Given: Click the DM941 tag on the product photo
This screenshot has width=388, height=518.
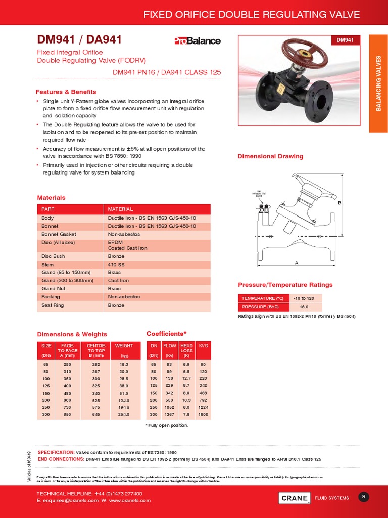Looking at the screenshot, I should point(345,40).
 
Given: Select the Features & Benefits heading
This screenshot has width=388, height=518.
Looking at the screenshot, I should point(66,92).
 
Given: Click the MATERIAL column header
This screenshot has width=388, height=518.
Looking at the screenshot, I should point(120,209).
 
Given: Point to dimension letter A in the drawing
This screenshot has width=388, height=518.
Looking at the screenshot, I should point(297,263).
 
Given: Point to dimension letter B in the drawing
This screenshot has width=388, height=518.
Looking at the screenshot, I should point(339,203).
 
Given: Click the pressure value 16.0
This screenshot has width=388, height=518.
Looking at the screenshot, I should point(305,307).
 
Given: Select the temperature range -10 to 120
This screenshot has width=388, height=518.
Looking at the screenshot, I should point(305,298).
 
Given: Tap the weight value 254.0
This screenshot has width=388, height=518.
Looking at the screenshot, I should point(124,415).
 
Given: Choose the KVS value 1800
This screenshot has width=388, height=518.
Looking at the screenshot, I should point(204,415).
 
